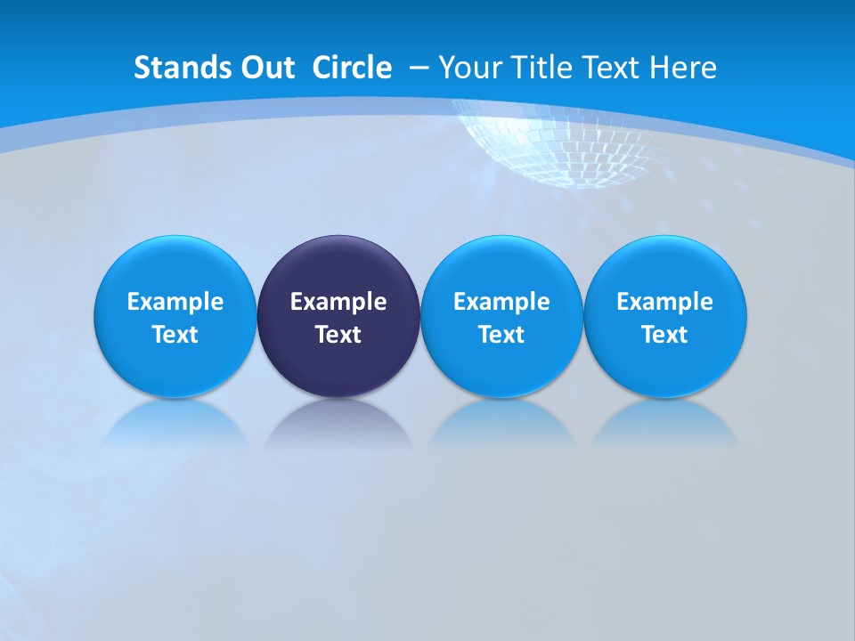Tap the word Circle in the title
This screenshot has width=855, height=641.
pos(352,68)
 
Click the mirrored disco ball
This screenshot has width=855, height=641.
pos(561,147)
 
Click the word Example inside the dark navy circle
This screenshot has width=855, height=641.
pos(338,302)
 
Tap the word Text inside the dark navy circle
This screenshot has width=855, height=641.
pos(338,335)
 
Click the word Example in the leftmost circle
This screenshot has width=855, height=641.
pos(175,302)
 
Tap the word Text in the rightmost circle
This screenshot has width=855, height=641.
pos(665,335)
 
